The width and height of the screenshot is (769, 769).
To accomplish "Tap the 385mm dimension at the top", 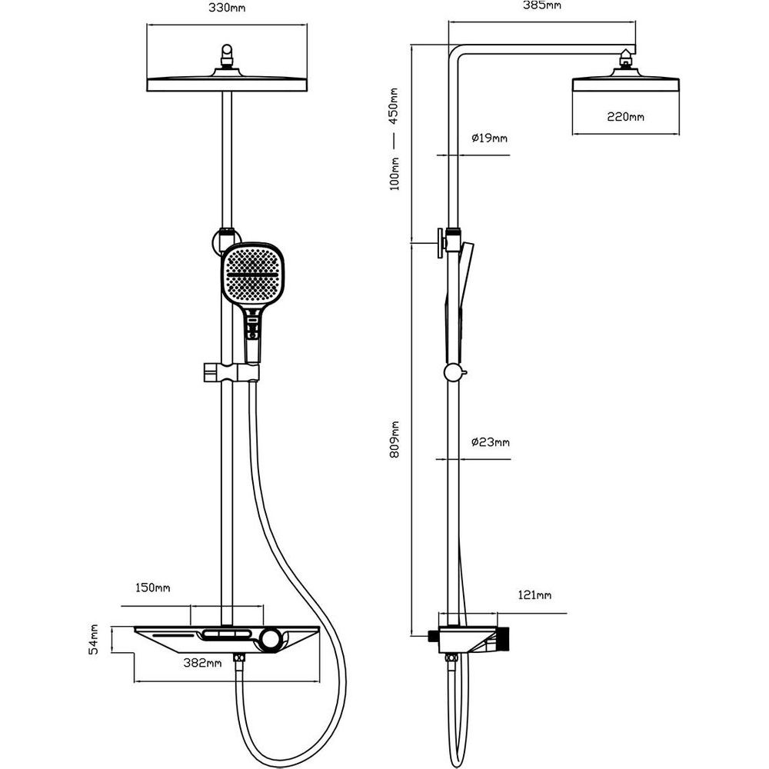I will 541,5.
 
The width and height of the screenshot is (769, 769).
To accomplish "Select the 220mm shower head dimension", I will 625,117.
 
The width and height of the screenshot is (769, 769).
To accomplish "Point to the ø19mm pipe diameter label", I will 488,138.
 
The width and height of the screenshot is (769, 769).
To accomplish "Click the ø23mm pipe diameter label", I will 490,442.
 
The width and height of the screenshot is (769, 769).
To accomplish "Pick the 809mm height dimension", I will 395,439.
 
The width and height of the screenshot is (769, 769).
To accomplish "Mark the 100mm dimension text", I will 394,173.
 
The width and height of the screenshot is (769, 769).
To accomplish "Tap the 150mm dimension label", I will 152,588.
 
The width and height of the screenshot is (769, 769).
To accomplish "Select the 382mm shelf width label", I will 203,663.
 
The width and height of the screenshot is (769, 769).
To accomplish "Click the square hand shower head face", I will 252,275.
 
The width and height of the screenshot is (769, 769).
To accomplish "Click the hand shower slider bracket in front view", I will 230,372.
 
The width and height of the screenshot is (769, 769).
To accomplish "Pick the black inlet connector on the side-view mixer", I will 432,636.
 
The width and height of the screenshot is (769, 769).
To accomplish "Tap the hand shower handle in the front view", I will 252,335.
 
